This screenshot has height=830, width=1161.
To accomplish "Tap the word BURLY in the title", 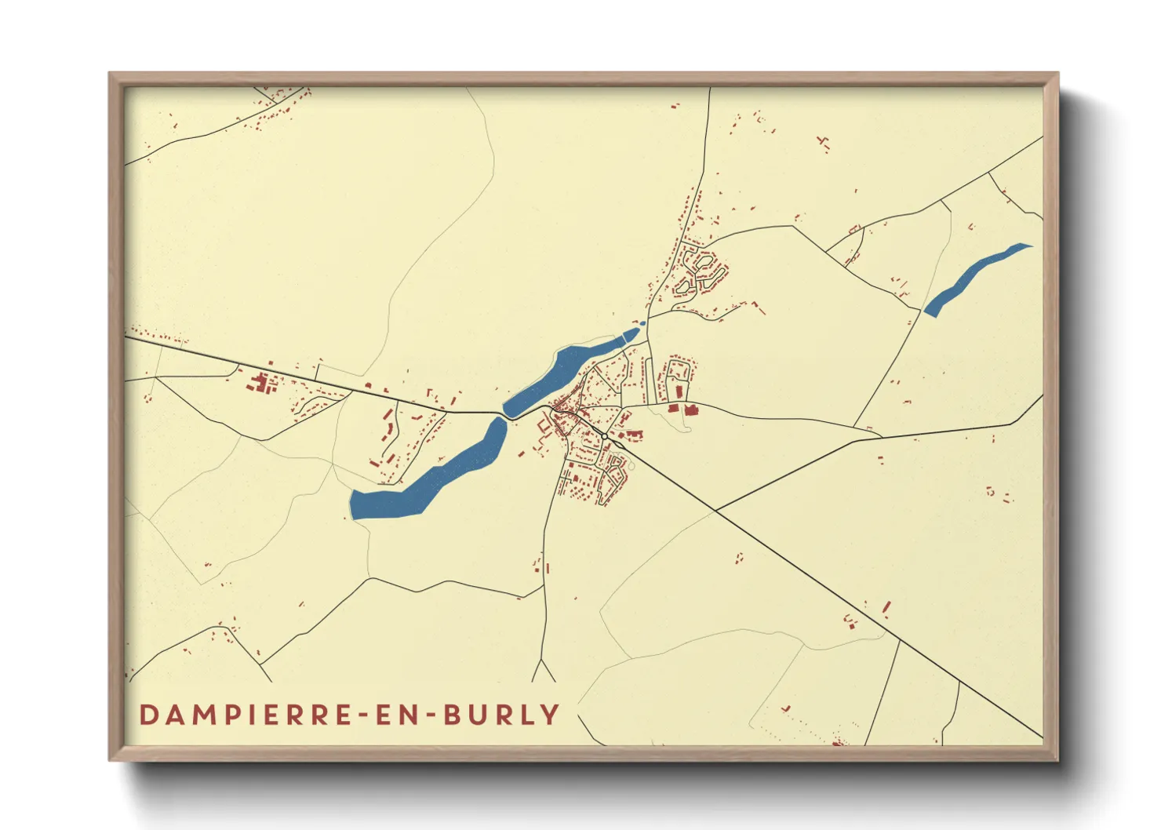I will click(501, 715).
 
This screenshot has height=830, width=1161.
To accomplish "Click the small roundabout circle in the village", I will click(604, 435).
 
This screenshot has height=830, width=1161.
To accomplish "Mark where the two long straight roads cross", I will click(715, 510).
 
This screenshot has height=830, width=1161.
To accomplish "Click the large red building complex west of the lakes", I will click(260, 384).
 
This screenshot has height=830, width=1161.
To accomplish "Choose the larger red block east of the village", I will click(691, 410).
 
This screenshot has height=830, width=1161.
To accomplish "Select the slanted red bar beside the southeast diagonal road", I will click(886, 608).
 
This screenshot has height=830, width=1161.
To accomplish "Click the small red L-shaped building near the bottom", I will click(787, 708).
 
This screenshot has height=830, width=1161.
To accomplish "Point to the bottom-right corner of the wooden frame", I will click(1057, 759).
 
